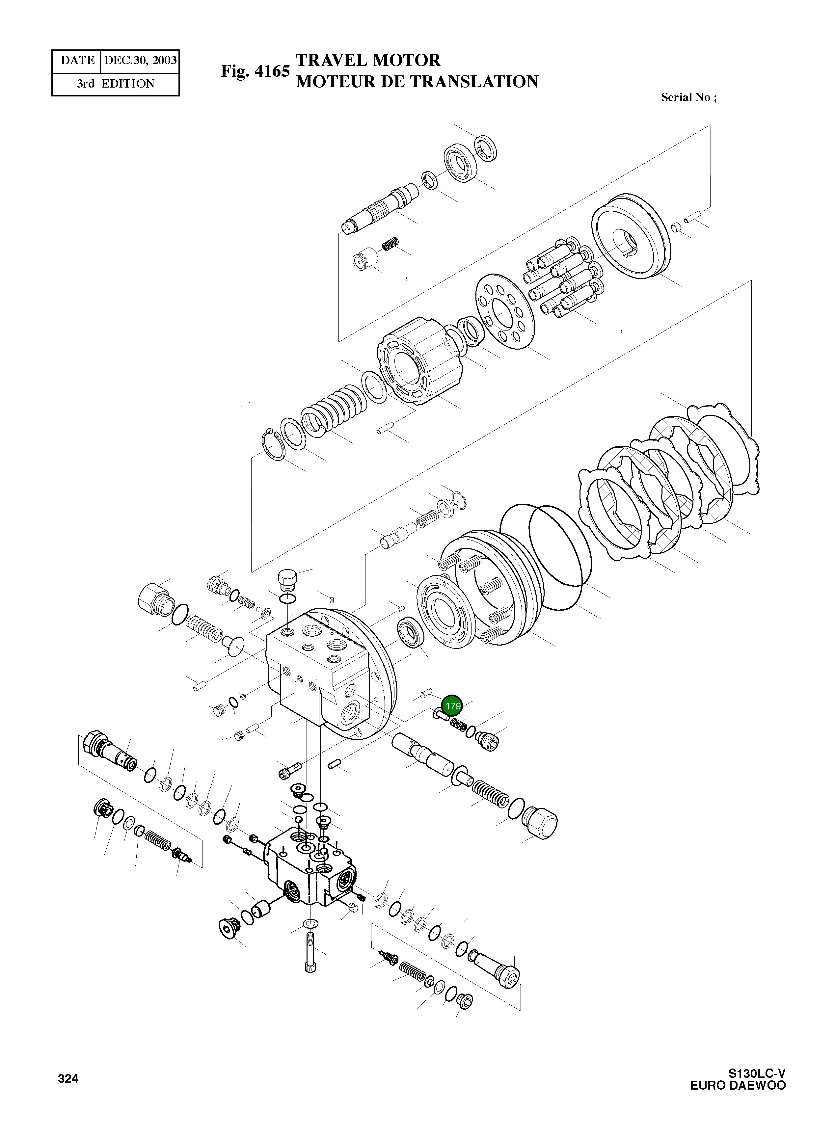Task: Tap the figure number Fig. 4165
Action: [x=255, y=71]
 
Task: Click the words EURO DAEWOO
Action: [x=738, y=1085]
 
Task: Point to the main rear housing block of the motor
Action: [x=323, y=667]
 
